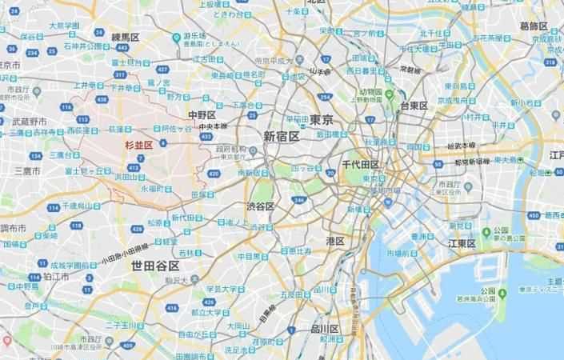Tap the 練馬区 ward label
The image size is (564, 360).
click(x=126, y=37)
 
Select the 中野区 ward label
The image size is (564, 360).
click(x=200, y=114)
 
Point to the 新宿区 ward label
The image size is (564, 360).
click(x=281, y=136)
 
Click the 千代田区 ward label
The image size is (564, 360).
click(x=359, y=163)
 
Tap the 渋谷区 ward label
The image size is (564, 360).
click(x=261, y=206)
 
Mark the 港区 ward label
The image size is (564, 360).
click(x=334, y=241)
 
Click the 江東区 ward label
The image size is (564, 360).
click(x=462, y=243)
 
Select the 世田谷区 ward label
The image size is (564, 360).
click(x=154, y=264)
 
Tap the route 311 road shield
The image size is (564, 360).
click(x=120, y=74)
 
